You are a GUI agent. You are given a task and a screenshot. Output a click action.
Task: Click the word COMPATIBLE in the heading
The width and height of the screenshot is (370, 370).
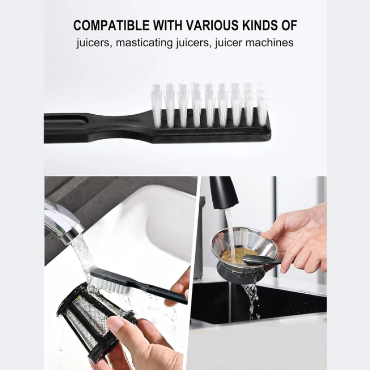[111, 25]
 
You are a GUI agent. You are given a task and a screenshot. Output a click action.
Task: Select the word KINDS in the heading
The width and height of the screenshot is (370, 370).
[260, 25]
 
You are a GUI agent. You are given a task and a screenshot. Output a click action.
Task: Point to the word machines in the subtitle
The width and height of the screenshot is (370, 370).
[270, 43]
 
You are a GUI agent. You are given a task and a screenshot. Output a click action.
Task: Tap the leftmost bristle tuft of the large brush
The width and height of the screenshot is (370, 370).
[157, 105]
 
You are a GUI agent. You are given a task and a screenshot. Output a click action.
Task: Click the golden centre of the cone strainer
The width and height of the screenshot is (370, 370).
[233, 257]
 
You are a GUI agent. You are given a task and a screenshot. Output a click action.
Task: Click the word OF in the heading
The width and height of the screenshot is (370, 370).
[290, 25]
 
